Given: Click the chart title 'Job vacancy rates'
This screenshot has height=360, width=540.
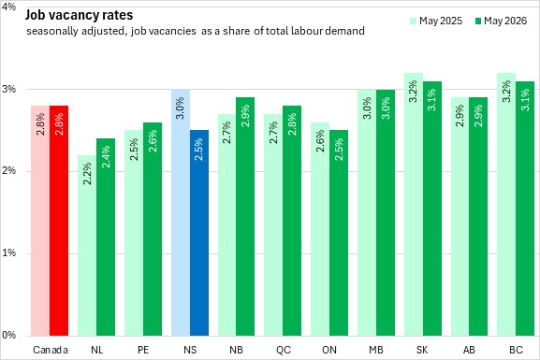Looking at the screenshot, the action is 79,16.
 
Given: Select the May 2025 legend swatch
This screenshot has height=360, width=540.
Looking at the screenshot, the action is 414,21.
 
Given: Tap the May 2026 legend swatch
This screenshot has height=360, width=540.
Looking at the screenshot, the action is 477,21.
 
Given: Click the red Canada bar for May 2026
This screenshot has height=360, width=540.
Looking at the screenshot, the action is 59,221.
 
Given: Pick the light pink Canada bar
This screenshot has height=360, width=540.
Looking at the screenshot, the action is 40,221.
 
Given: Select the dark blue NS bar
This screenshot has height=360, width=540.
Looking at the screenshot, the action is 199,233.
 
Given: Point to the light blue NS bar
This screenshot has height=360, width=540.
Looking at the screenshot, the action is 181,212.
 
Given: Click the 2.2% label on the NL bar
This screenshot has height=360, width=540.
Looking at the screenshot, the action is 87,174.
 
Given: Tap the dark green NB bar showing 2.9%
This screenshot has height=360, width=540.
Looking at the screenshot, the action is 245,217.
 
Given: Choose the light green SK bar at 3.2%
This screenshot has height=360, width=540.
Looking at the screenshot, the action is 414,204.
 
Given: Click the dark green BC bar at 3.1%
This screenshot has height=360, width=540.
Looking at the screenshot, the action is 525,209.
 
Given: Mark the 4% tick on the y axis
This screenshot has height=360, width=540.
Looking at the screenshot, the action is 8,7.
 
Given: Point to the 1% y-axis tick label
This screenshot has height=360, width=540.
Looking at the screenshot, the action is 8,253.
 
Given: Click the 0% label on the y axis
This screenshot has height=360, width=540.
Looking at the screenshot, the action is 8,335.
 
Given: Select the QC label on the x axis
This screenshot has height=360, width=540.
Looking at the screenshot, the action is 283,350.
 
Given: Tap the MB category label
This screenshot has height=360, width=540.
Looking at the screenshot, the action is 376,350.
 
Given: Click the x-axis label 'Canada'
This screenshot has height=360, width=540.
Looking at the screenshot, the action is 51,350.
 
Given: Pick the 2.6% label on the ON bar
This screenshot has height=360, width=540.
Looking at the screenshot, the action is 320,141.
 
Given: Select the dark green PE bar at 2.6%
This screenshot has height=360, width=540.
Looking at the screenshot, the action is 153,229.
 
